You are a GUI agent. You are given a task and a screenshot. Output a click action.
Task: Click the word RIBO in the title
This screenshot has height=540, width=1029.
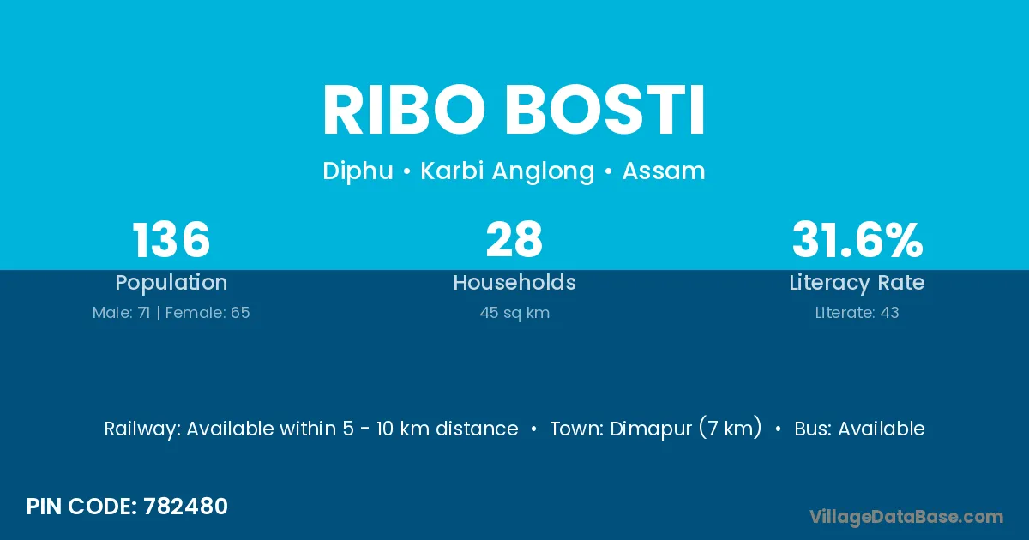coord(404,110)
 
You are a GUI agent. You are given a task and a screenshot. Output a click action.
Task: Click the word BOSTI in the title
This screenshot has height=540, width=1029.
coord(605,110)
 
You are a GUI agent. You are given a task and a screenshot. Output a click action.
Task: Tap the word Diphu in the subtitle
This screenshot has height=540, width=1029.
coord(358,171)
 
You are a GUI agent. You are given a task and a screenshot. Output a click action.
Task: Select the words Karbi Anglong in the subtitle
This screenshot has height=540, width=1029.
coord(508,171)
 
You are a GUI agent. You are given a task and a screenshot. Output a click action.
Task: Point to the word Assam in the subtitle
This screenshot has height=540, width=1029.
coord(664,171)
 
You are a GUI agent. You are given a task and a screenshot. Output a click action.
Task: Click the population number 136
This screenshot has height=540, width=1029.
coord(171,239)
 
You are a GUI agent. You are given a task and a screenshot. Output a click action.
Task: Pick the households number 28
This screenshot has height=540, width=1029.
coord(514,239)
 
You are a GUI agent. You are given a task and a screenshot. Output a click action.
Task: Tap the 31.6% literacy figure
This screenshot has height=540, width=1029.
coord(857,239)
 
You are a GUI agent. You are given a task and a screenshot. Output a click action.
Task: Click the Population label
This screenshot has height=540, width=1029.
coord(171,283)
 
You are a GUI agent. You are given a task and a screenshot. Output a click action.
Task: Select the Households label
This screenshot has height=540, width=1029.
coord(514,282)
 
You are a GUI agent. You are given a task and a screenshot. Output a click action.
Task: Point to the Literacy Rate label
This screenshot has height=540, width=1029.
coord(857,283)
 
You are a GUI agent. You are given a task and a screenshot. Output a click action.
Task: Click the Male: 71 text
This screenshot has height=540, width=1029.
coord(121,313)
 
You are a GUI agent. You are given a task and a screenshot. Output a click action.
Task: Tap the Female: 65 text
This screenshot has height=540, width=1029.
coord(208,313)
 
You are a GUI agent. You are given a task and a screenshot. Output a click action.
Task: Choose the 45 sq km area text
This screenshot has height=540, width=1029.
coord(514,313)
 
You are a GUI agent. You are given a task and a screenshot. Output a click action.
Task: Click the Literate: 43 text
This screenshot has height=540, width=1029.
coord(857,313)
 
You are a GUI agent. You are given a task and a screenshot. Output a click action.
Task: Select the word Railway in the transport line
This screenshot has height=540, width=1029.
coord(142,429)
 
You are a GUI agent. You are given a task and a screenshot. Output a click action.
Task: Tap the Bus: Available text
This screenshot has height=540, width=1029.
coord(859,429)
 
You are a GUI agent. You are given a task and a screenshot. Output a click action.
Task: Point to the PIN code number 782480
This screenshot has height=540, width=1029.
coord(185,507)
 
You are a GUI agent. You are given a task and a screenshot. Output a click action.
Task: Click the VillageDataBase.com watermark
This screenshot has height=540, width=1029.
coord(906,517)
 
